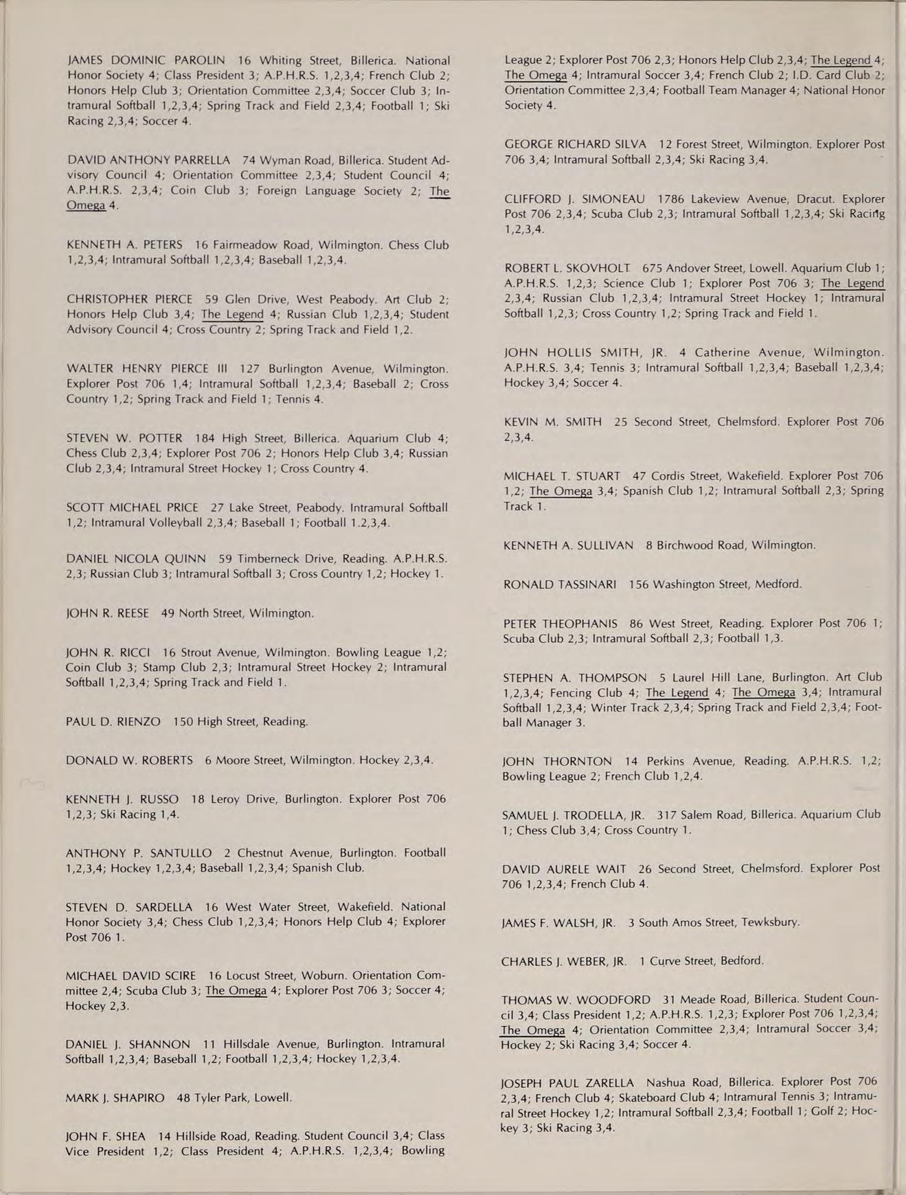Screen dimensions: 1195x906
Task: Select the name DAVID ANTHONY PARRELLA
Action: pyautogui.click(x=148, y=160)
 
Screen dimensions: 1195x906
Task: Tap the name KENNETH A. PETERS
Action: pyautogui.click(x=124, y=245)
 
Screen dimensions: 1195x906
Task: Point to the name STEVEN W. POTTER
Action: pyautogui.click(x=124, y=438)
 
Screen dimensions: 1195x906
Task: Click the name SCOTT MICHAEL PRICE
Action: pyautogui.click(x=132, y=508)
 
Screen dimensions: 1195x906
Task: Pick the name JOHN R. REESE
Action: pyautogui.click(x=107, y=613)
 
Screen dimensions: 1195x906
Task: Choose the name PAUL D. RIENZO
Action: pyautogui.click(x=113, y=721)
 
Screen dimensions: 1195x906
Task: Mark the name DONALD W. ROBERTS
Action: pyautogui.click(x=129, y=760)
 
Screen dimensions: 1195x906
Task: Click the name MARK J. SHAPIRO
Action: pyautogui.click(x=115, y=1097)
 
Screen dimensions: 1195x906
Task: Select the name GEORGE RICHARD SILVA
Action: pyautogui.click(x=575, y=144)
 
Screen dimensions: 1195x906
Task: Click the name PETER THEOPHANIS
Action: pyautogui.click(x=560, y=624)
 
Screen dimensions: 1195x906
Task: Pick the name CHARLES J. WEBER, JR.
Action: pyautogui.click(x=564, y=961)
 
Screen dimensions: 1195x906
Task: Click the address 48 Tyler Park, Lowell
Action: pyautogui.click(x=234, y=1097)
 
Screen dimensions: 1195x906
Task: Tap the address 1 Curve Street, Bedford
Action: pyautogui.click(x=701, y=961)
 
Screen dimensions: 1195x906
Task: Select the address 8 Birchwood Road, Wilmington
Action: pyautogui.click(x=730, y=545)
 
